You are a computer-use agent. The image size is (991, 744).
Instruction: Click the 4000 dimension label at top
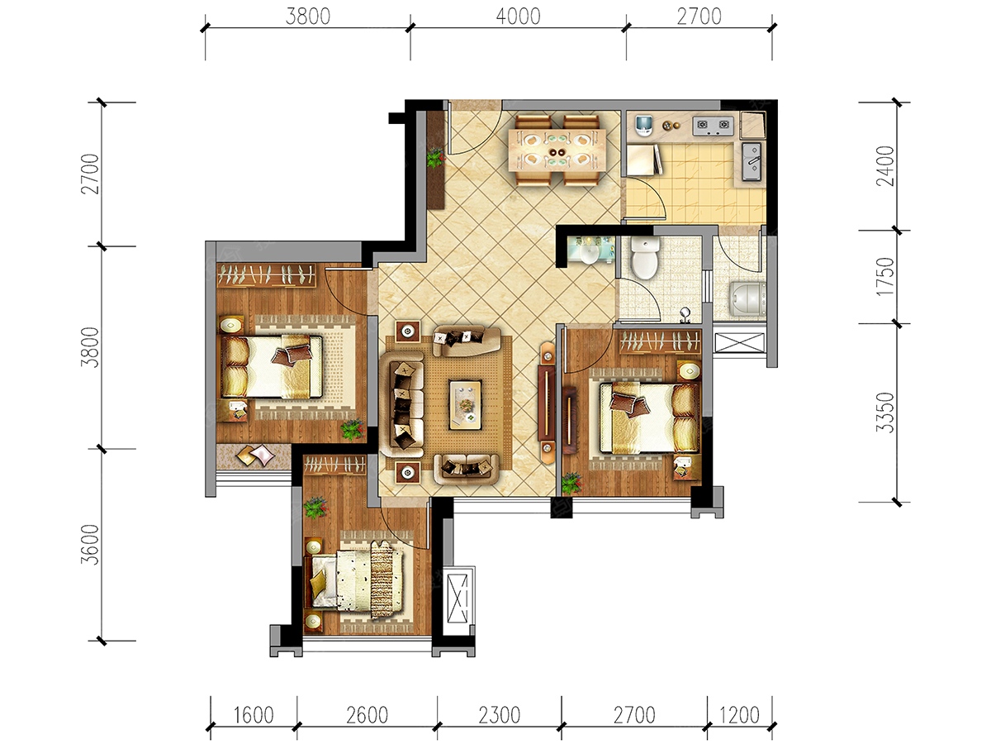[518, 17]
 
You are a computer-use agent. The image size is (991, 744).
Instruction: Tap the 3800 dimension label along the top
[308, 17]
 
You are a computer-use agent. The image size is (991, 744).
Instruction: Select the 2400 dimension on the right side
[884, 166]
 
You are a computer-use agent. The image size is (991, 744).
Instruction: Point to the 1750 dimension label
[884, 276]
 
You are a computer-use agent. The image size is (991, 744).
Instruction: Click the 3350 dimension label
[884, 413]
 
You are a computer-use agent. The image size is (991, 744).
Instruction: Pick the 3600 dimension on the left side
[89, 544]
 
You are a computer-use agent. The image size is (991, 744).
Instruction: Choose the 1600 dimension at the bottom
[254, 715]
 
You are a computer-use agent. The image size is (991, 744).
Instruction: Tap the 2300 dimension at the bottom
[500, 715]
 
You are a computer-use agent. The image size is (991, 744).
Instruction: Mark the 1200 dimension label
[739, 715]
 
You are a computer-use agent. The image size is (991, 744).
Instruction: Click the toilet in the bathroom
[644, 257]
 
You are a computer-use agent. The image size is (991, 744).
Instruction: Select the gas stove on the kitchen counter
[713, 125]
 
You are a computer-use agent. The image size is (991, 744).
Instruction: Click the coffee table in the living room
[465, 405]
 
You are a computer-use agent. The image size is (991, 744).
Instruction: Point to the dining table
[557, 150]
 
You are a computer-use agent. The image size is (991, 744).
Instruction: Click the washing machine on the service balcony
[747, 299]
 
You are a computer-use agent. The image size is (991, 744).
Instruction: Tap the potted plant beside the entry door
[435, 159]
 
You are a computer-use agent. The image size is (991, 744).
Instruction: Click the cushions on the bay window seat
[255, 455]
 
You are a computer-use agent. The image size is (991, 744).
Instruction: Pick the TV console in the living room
[547, 403]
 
